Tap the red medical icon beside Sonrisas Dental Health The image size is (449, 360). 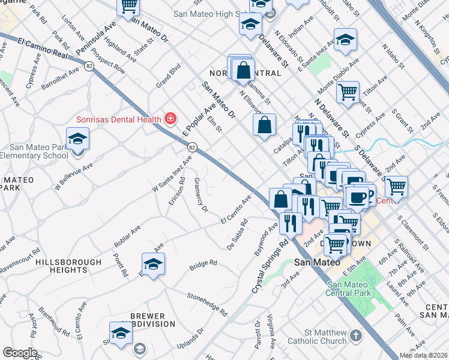[170, 118]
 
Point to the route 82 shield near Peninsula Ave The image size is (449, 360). [89, 67]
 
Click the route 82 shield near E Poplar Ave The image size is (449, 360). [191, 146]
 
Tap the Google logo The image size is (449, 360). [20, 352]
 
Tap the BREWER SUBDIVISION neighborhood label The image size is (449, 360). [152, 319]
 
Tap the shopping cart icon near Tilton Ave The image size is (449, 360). [348, 92]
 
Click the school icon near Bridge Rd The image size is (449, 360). [153, 264]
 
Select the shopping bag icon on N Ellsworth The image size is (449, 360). [264, 125]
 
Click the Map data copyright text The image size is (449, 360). [424, 355]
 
